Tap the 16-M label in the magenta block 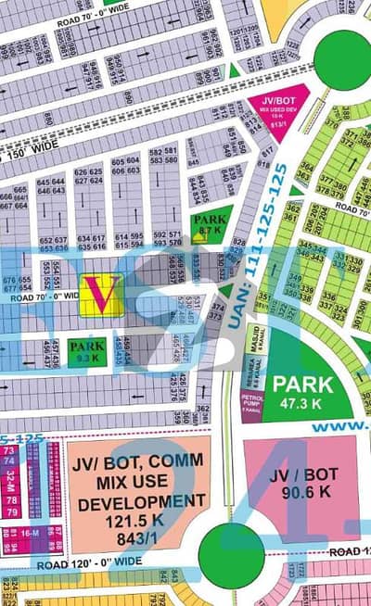click(31, 533)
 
